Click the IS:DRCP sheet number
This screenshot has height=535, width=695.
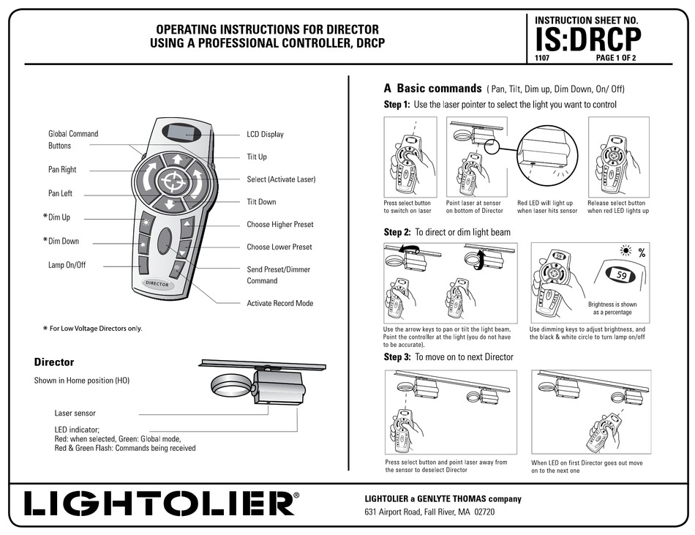(x=588, y=38)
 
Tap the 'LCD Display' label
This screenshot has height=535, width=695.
(x=265, y=135)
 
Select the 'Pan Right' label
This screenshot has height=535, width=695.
(x=62, y=170)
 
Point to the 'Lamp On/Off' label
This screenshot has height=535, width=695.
(x=67, y=265)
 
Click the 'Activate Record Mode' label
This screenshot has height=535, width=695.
(x=280, y=303)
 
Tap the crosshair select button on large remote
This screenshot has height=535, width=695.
(x=173, y=180)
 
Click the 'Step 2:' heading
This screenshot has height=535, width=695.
(x=397, y=232)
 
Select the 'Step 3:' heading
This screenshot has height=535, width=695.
(x=397, y=357)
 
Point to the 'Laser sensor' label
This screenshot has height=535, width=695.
(x=75, y=414)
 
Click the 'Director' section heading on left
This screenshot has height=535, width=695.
(x=54, y=362)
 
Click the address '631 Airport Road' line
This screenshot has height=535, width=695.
(x=429, y=512)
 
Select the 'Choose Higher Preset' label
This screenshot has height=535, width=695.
(x=280, y=225)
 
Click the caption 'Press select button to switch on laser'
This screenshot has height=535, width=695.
(x=407, y=207)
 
